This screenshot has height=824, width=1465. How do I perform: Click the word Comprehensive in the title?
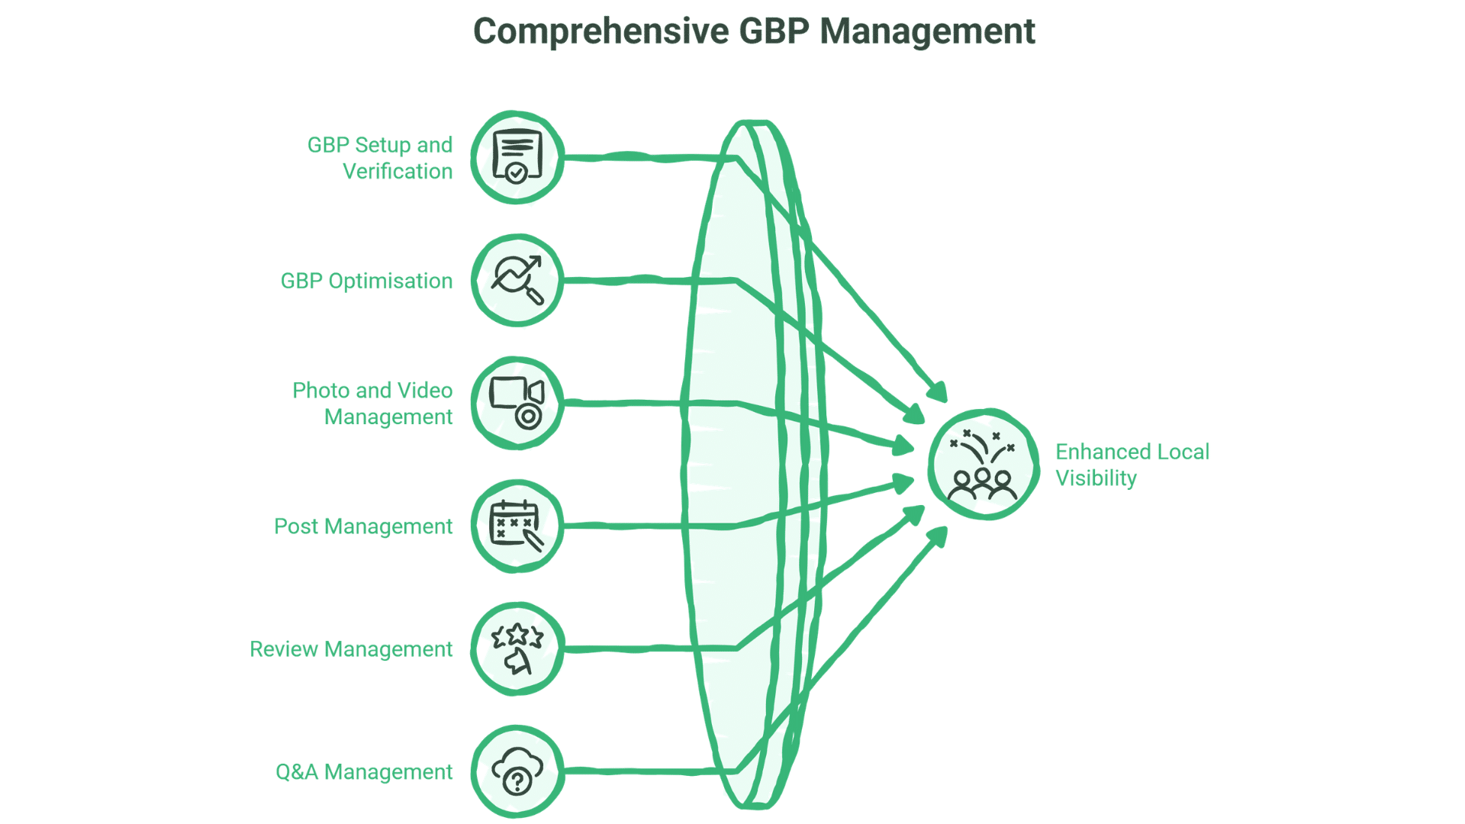pyautogui.click(x=600, y=32)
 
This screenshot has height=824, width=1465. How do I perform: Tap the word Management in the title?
pyautogui.click(x=927, y=32)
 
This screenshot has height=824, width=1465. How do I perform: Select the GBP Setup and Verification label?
pyautogui.click(x=380, y=158)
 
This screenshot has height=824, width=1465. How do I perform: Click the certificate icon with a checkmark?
pyautogui.click(x=517, y=157)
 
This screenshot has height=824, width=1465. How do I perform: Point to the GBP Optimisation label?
pyautogui.click(x=366, y=281)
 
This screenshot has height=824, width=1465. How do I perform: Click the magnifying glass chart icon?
pyautogui.click(x=517, y=280)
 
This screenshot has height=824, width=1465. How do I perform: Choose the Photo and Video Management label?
pyautogui.click(x=373, y=404)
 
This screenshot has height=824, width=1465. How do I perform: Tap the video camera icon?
pyautogui.click(x=517, y=403)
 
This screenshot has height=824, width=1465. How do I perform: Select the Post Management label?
pyautogui.click(x=363, y=526)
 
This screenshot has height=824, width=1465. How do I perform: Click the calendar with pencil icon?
pyautogui.click(x=517, y=526)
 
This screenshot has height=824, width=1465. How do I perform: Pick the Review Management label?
pyautogui.click(x=351, y=649)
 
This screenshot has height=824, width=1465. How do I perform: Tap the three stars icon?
pyautogui.click(x=517, y=649)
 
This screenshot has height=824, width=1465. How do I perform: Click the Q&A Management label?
pyautogui.click(x=364, y=772)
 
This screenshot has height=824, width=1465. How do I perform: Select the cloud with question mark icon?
pyautogui.click(x=517, y=771)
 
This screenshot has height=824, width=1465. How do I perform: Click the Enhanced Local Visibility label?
pyautogui.click(x=1132, y=465)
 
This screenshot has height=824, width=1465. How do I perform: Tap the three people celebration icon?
pyautogui.click(x=984, y=465)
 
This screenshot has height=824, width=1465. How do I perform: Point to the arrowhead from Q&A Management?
pyautogui.click(x=939, y=536)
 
